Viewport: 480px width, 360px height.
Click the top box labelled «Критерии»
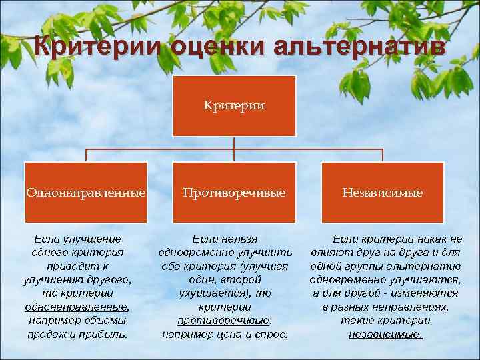pos(234,105)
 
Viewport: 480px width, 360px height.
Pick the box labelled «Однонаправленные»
pos(85,193)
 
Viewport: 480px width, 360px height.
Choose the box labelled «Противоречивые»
pos(234,193)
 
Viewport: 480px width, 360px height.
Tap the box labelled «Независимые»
pos(382,193)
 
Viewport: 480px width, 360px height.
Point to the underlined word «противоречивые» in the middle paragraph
pos(224,321)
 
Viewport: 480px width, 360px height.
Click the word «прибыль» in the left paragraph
pos(107,334)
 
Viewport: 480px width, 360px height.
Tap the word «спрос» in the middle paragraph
pos(273,334)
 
